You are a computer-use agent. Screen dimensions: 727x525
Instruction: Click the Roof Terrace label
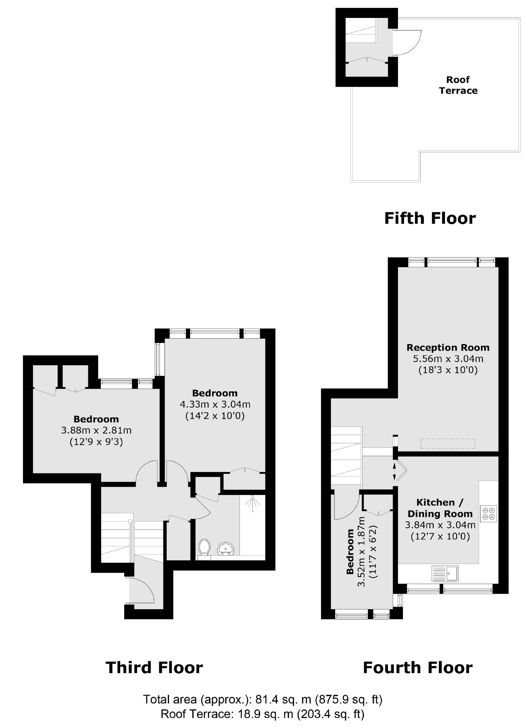click(x=458, y=85)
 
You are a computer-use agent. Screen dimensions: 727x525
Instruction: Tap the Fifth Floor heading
click(x=430, y=218)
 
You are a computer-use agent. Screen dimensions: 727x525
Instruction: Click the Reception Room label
click(x=448, y=347)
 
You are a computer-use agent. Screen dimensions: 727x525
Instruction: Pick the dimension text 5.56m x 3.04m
click(x=448, y=358)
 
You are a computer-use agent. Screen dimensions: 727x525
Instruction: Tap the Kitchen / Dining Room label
click(x=440, y=508)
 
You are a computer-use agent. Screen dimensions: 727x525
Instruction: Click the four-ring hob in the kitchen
click(x=488, y=514)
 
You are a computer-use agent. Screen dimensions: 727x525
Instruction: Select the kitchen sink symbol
click(x=445, y=573)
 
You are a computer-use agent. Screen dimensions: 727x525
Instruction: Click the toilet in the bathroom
click(x=204, y=547)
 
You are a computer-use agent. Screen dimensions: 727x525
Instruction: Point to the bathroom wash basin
click(x=226, y=548)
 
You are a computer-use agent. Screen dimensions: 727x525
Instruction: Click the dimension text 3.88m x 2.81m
click(x=96, y=430)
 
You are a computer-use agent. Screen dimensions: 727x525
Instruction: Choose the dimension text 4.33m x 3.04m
click(x=215, y=404)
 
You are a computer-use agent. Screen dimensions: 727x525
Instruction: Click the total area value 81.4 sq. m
click(x=283, y=699)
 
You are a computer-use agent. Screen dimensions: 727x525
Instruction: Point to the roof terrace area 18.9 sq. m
click(x=266, y=714)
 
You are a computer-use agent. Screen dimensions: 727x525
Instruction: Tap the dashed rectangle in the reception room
click(x=448, y=444)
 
